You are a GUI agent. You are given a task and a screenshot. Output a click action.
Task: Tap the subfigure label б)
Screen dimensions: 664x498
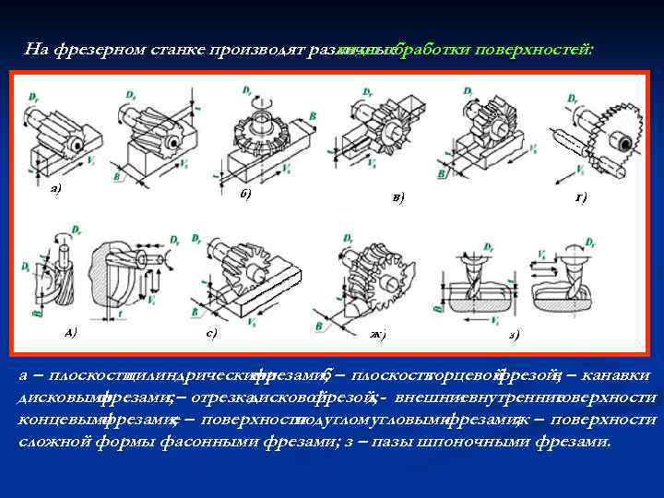pos(245,194)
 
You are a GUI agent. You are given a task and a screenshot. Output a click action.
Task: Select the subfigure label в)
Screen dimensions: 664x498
pos(397,196)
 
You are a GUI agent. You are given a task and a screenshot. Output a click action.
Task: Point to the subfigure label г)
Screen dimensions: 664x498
pos(580,196)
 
